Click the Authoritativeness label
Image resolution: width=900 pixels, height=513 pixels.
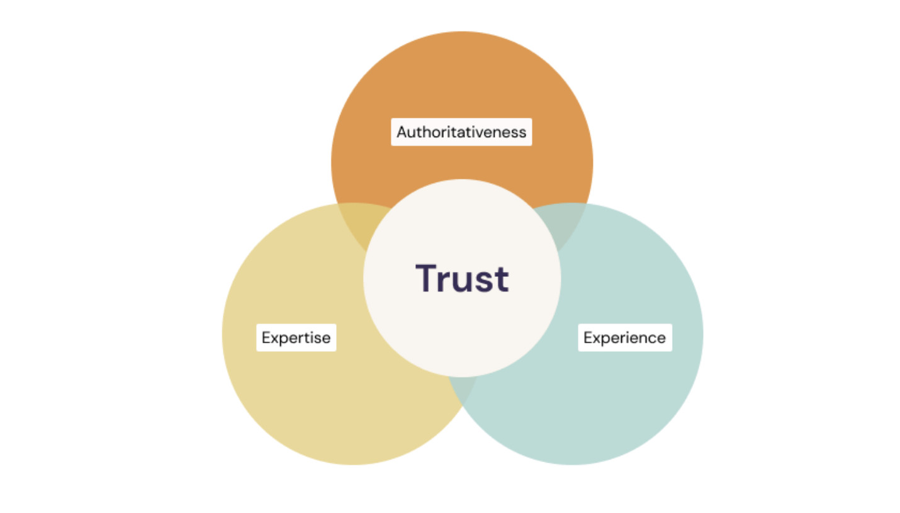tap(461, 132)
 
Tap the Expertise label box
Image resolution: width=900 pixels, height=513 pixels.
tap(296, 337)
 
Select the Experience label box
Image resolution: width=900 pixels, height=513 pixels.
tap(624, 337)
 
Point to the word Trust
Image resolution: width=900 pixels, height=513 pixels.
tap(462, 278)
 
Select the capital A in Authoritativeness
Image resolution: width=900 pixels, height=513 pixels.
tap(402, 132)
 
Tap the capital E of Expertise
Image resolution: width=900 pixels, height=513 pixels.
tap(266, 337)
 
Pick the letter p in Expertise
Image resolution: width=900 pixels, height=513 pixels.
tap(282, 340)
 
